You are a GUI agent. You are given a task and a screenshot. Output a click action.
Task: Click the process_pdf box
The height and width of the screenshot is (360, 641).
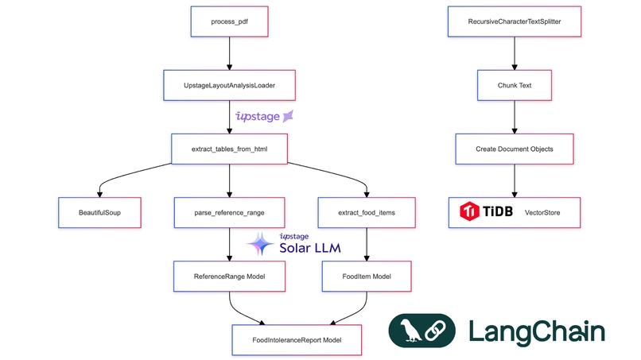[229, 21]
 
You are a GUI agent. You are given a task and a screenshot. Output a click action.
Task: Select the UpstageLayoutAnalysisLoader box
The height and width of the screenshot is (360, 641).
[229, 84]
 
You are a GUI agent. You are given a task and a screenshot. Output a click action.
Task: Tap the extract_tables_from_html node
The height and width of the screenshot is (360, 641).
[229, 148]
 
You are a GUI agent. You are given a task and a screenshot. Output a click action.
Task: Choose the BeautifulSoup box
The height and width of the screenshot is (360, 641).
[99, 212]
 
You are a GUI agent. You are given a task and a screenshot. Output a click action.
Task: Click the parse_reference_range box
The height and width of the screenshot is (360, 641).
[229, 212]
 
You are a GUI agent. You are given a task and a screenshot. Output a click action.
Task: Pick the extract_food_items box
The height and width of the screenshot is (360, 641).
[367, 212]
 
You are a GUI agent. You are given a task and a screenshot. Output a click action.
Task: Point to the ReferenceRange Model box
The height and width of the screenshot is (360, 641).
[229, 276]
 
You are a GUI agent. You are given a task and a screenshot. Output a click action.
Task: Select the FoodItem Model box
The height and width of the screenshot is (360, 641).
[367, 276]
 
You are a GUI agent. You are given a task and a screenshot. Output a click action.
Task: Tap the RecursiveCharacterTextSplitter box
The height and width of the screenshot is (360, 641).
[515, 21]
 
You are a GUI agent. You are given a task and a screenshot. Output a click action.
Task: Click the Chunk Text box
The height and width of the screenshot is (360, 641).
[515, 84]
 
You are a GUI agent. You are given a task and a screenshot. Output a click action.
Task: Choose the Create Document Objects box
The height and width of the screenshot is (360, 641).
[515, 148]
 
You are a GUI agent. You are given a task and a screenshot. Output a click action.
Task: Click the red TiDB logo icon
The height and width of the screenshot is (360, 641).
[471, 212]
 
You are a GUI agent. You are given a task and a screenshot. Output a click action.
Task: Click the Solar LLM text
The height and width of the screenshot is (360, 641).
[309, 249]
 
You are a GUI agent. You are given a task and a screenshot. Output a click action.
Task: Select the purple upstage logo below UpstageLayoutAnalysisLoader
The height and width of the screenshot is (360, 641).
[265, 116]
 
